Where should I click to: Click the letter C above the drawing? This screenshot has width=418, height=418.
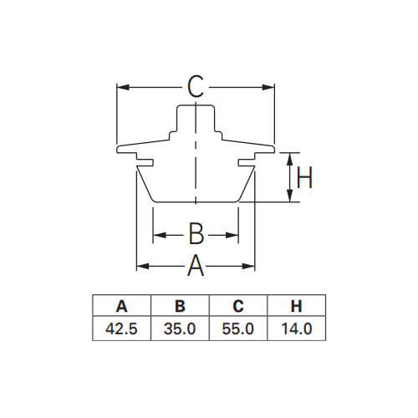196,87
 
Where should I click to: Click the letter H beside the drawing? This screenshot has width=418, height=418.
304,177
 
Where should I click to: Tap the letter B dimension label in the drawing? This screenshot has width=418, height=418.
196,233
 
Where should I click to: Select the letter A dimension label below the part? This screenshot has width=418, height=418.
196,266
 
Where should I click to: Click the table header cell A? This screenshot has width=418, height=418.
122,306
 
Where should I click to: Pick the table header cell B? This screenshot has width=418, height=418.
180,306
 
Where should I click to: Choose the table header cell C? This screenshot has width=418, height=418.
238,306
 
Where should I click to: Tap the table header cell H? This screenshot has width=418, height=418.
297,306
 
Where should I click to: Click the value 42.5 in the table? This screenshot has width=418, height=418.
121,329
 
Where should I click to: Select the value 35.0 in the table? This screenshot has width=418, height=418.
180,329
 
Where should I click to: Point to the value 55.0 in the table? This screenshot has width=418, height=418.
238,329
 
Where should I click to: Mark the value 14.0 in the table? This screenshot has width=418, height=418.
297,329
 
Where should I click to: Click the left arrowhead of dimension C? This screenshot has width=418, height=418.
123,88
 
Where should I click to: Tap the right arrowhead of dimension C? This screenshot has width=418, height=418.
268,88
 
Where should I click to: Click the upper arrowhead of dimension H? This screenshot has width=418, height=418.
290,159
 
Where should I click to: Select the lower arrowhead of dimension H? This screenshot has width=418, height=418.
290,196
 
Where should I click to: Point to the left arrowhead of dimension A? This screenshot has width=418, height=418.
143,267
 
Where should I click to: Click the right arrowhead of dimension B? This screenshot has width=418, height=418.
232,235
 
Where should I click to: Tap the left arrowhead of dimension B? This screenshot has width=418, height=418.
160,235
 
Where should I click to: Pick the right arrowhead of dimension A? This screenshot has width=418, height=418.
248,267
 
